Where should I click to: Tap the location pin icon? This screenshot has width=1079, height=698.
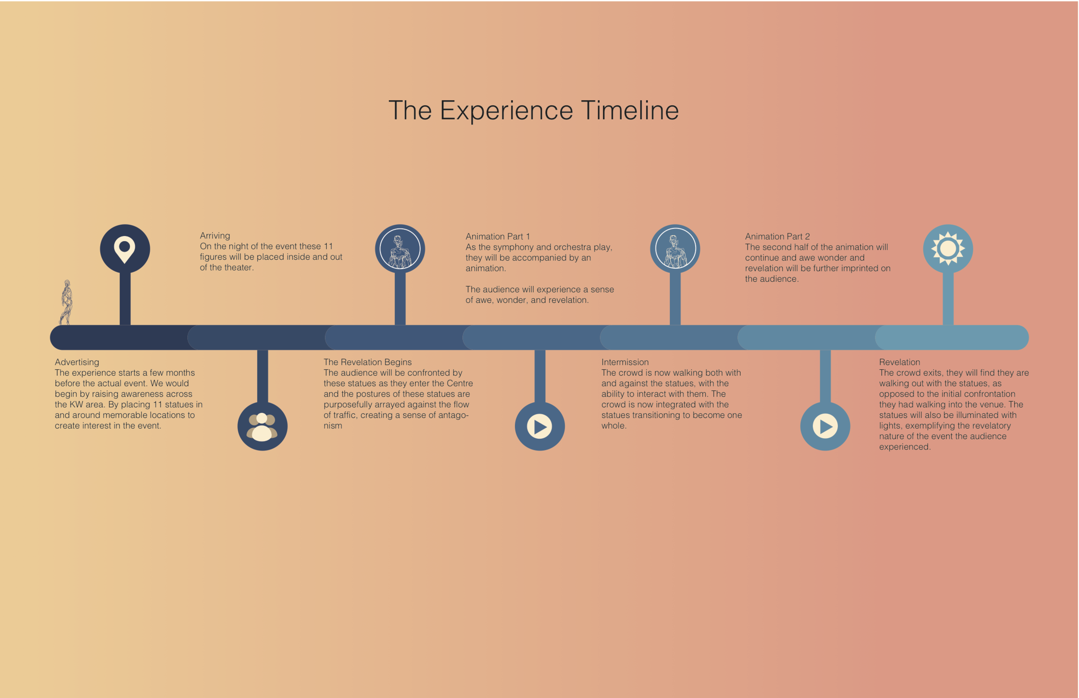pos(125,249)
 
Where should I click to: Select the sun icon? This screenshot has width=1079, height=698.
pos(948,248)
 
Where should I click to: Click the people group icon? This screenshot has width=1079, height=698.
pos(262,426)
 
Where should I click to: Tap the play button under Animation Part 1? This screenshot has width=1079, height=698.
pos(539,426)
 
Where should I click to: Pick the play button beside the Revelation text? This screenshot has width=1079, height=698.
pos(825,426)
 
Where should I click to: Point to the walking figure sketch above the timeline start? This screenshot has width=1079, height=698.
pos(66,302)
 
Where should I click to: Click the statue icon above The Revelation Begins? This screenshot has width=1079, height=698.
pos(400,249)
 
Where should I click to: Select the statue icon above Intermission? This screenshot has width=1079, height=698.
pos(675,249)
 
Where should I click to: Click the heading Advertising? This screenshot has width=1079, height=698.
pos(77,362)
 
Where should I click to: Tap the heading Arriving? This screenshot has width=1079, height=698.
pos(215,236)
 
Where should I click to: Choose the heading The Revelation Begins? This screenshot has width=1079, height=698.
pos(367,362)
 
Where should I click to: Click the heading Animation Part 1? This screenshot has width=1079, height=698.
pos(497,236)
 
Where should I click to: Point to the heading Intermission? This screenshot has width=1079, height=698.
pos(625,362)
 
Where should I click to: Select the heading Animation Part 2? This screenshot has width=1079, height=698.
pos(777,236)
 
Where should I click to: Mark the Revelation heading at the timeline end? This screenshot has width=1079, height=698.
pos(899,362)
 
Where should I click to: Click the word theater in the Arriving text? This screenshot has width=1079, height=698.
pos(239,268)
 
